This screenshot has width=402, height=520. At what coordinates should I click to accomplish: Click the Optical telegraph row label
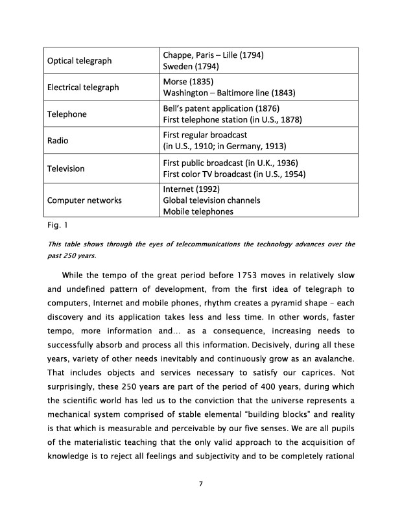tap(79, 61)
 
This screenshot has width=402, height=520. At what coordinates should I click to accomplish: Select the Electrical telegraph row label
tap(82, 88)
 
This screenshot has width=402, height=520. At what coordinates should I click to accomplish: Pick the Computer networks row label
tap(84, 200)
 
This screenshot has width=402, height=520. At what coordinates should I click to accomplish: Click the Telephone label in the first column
tap(67, 114)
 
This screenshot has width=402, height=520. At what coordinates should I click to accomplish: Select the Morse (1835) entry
tap(188, 82)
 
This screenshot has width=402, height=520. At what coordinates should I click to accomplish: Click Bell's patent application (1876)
tap(221, 108)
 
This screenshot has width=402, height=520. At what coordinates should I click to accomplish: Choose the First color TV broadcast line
tap(234, 174)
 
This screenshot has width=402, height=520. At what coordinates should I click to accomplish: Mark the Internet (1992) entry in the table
tap(191, 189)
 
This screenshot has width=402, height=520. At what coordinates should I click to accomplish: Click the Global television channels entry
tap(211, 200)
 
